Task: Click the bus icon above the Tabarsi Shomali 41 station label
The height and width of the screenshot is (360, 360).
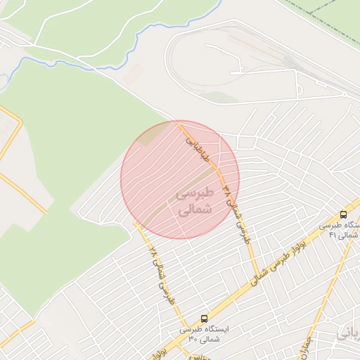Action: tap(343, 214)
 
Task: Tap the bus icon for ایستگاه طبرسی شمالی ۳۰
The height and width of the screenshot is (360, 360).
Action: tap(204, 319)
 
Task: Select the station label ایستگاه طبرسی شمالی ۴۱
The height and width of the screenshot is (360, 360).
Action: tap(340, 230)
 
